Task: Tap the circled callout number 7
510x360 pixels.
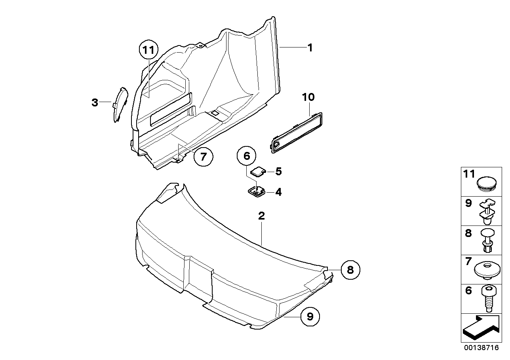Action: (x=204, y=157)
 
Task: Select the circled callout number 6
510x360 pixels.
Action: (x=247, y=156)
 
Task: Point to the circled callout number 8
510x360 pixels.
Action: (x=350, y=270)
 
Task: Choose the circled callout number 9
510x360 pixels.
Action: (x=310, y=316)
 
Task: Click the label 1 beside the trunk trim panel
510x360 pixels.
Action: (x=310, y=48)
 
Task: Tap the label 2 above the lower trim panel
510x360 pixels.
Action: (x=261, y=216)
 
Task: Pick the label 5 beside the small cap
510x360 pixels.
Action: (x=278, y=171)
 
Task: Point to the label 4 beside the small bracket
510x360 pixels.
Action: (x=278, y=192)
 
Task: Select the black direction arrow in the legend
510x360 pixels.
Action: (x=480, y=328)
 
